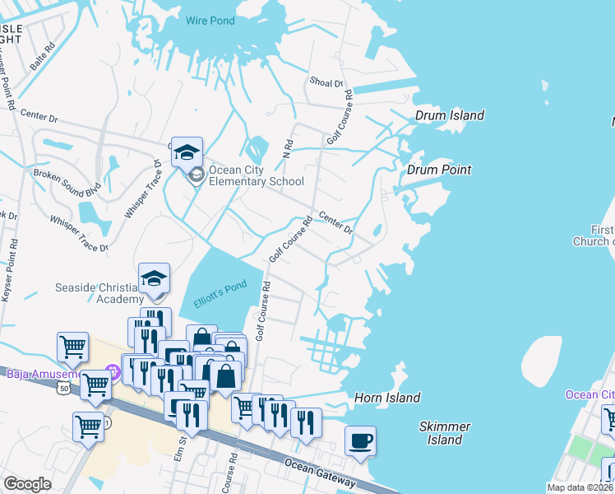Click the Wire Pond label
click(x=210, y=21)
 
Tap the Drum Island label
click(x=449, y=115)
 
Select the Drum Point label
click(x=439, y=170)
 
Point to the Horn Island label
click(x=386, y=398)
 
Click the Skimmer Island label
click(x=445, y=433)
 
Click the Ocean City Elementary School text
click(x=256, y=176)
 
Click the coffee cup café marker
click(x=360, y=441)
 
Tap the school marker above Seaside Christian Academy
click(x=154, y=278)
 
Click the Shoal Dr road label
click(x=326, y=82)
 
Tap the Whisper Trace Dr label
click(x=79, y=234)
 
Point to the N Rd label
click(x=288, y=149)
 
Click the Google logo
click(x=28, y=484)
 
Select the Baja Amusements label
click(x=41, y=374)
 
